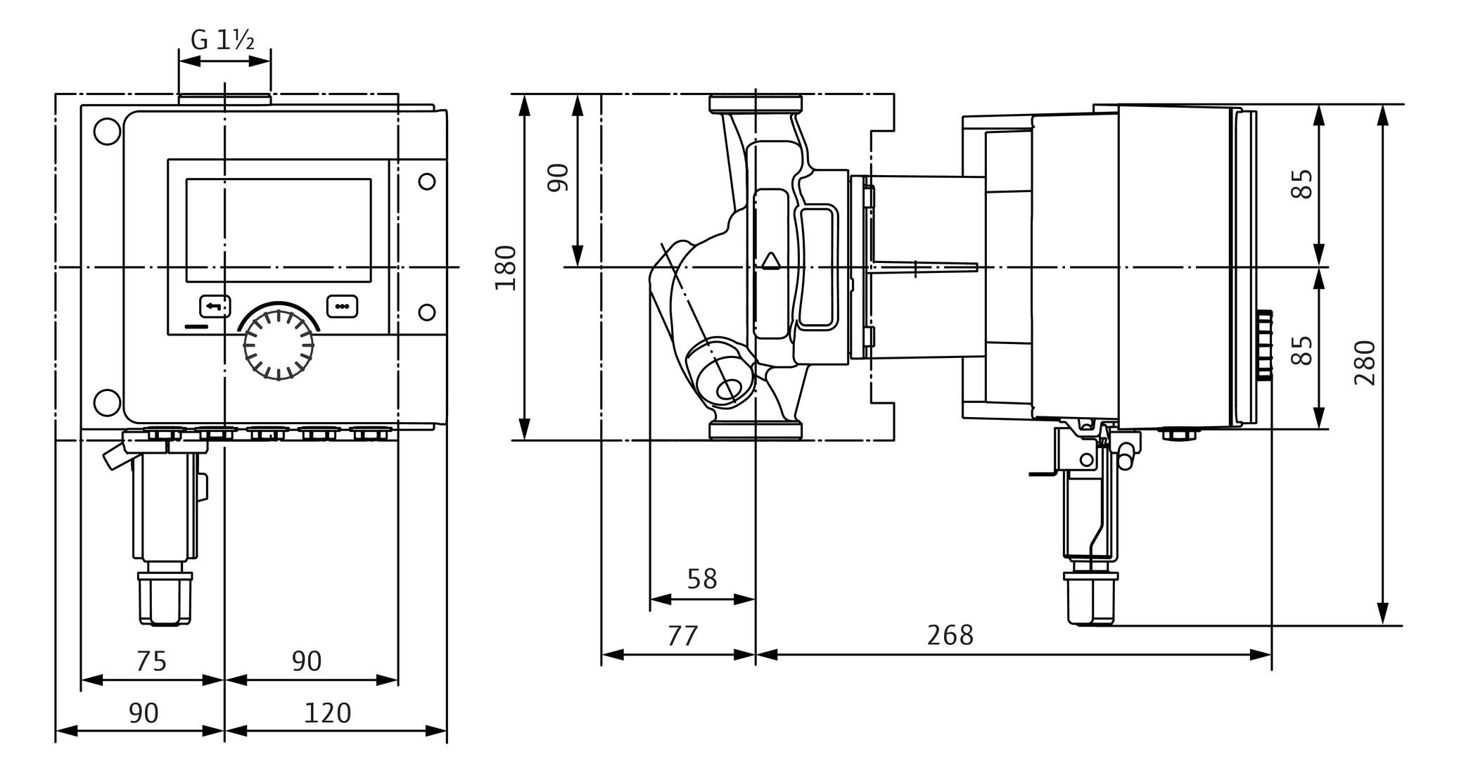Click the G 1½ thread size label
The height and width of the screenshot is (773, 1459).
click(x=223, y=40)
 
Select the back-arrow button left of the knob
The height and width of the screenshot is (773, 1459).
click(x=215, y=307)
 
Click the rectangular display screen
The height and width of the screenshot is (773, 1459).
click(x=279, y=230)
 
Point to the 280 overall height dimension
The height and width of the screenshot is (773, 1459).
click(x=1365, y=362)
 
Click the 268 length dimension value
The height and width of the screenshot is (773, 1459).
click(x=950, y=635)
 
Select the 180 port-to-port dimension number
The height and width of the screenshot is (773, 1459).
click(x=506, y=267)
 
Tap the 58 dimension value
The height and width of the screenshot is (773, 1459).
click(x=701, y=580)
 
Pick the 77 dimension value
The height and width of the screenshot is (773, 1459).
click(x=682, y=636)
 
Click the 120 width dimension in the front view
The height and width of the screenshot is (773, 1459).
click(x=327, y=713)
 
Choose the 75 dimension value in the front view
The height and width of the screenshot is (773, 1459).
click(x=151, y=661)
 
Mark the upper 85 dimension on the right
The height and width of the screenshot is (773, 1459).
click(x=1302, y=184)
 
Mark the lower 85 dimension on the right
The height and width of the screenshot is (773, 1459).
click(x=1302, y=350)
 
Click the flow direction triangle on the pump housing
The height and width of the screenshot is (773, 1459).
click(x=771, y=262)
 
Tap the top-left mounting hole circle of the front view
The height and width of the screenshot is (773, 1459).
click(x=107, y=132)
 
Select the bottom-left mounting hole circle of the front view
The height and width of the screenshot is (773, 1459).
click(x=107, y=403)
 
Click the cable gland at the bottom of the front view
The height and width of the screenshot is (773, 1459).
click(x=165, y=598)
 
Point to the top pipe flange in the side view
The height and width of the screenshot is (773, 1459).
click(x=755, y=104)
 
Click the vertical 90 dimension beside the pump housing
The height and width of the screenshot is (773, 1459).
click(x=558, y=177)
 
